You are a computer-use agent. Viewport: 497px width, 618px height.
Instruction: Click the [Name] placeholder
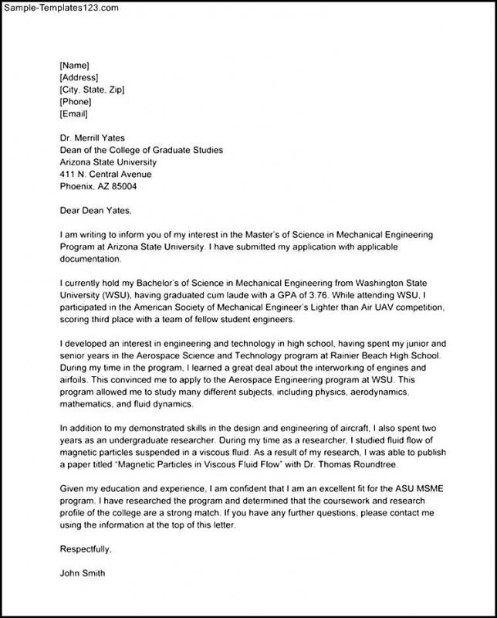[74, 65]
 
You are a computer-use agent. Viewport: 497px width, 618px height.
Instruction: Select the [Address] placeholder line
[78, 77]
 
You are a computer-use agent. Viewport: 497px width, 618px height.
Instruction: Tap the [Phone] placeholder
[75, 102]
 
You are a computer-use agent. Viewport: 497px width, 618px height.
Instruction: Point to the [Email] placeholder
[74, 114]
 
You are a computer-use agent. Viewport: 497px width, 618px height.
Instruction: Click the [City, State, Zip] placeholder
[92, 90]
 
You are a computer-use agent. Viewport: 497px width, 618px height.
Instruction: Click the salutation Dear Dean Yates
[96, 210]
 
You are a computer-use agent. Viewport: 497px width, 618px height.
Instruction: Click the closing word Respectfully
[86, 549]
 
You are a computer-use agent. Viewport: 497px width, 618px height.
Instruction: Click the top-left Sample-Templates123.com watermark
[61, 8]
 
